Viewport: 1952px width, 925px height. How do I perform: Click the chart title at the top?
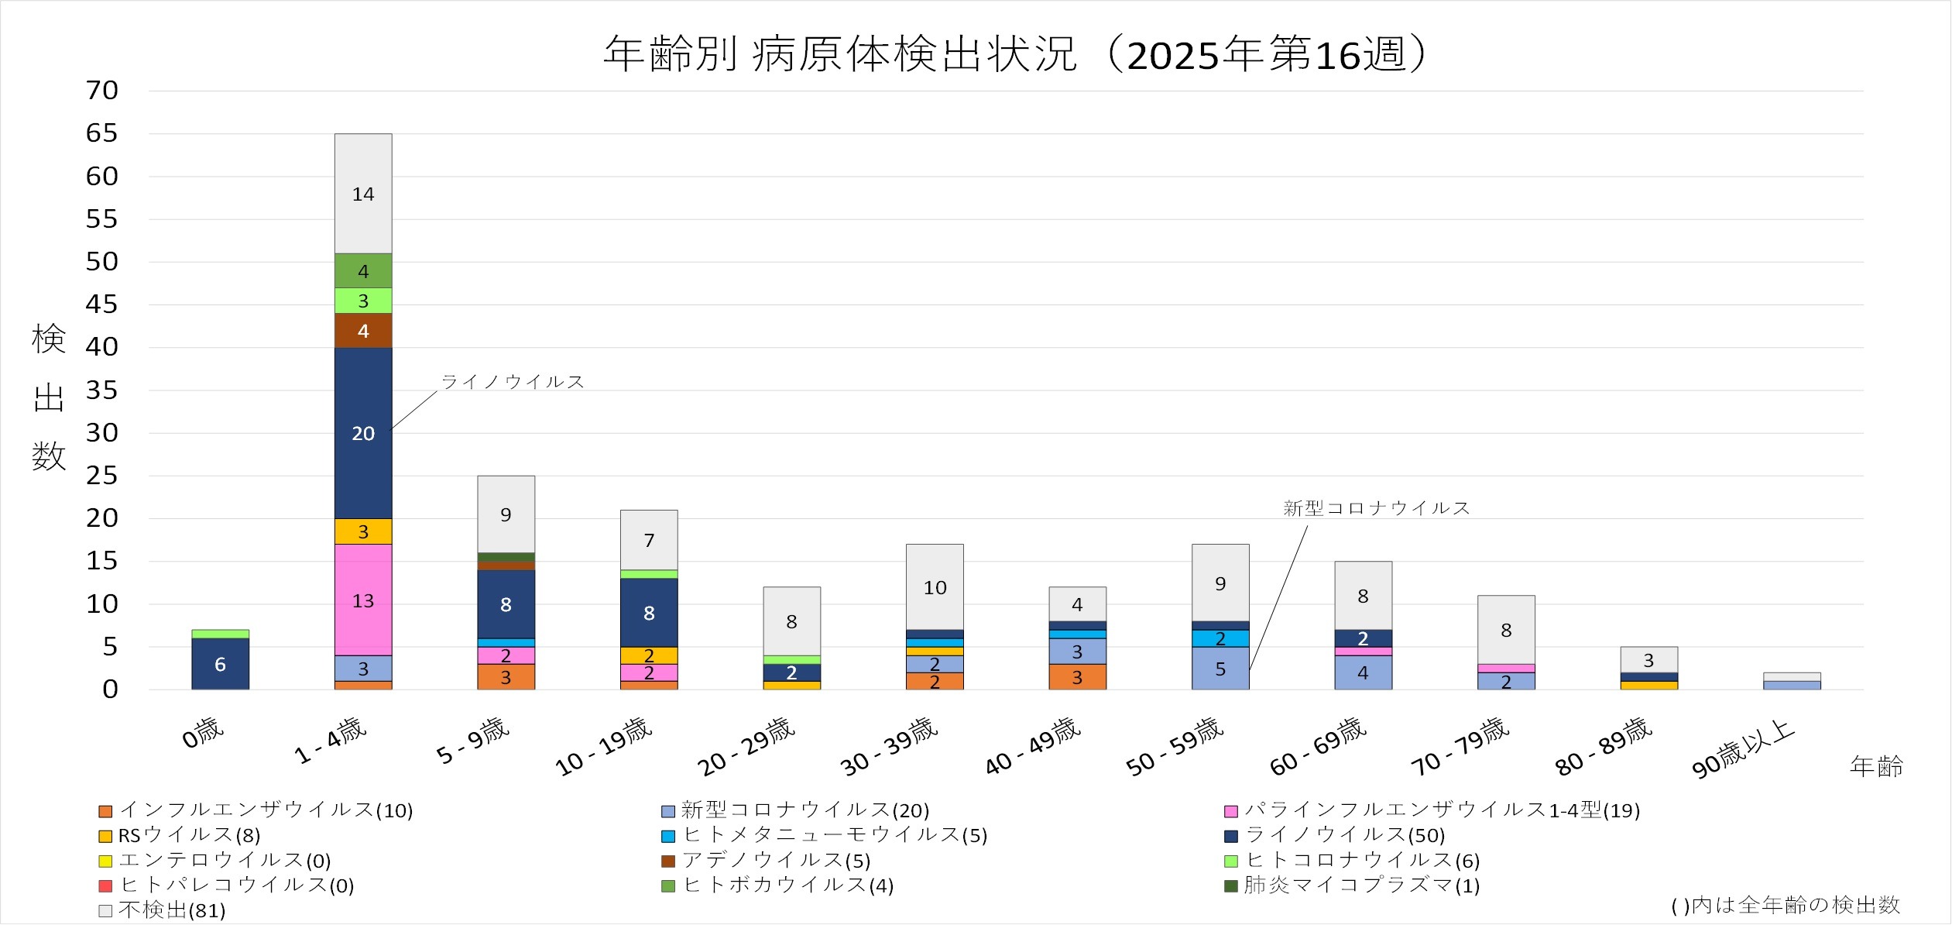pos(1014,54)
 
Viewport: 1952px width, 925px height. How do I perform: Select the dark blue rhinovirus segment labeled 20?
pos(363,433)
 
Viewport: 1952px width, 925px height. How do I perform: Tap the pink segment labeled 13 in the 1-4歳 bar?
pos(363,600)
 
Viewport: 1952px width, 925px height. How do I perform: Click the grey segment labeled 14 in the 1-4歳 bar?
pos(363,194)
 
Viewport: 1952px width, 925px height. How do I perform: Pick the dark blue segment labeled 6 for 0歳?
pos(220,664)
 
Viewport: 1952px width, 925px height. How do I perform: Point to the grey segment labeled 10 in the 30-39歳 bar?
pos(935,587)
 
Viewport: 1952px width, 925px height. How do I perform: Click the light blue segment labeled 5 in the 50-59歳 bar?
pos(1220,669)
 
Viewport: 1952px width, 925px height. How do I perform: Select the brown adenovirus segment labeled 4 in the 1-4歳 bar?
pos(363,331)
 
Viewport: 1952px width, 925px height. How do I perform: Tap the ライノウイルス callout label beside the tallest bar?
pos(513,382)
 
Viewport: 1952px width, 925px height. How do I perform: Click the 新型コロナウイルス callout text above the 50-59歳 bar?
pos(1376,508)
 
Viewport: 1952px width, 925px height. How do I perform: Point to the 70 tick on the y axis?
pos(102,91)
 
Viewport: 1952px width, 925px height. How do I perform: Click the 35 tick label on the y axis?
pos(102,390)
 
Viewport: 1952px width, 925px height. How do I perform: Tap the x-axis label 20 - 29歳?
pos(746,747)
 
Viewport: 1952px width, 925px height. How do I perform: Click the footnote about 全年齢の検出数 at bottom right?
pos(1786,905)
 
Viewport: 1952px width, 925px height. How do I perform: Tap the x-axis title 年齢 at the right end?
pos(1876,766)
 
